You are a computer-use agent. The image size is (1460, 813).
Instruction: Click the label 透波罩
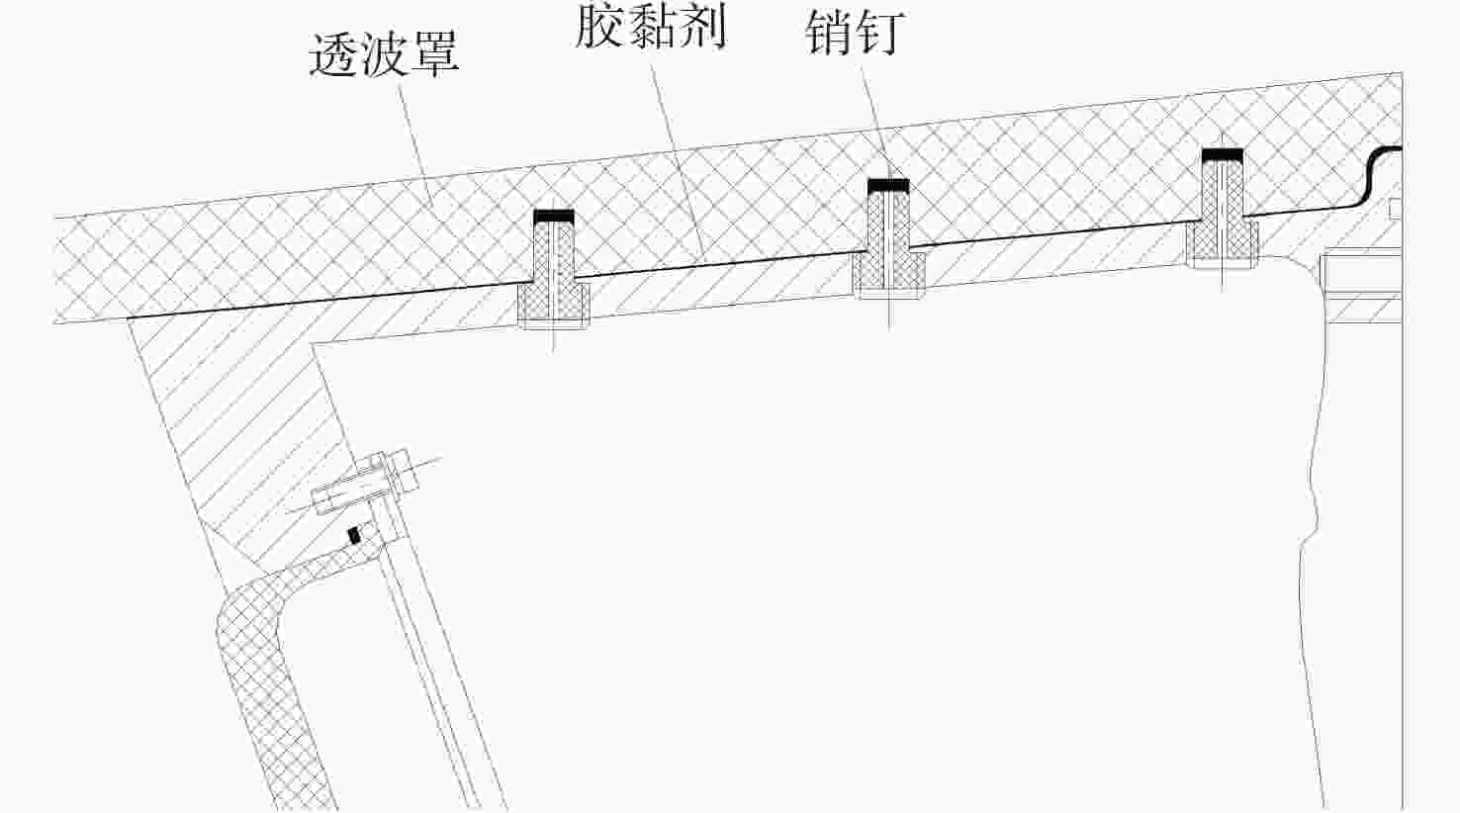coord(384,53)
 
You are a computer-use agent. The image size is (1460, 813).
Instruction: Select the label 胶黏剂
coord(651,27)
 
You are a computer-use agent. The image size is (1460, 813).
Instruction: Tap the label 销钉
coord(855,34)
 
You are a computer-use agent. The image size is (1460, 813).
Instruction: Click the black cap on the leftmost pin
coord(553,216)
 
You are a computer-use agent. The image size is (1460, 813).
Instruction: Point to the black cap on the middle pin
coord(887,185)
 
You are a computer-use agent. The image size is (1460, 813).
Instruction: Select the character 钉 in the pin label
coord(880,34)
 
